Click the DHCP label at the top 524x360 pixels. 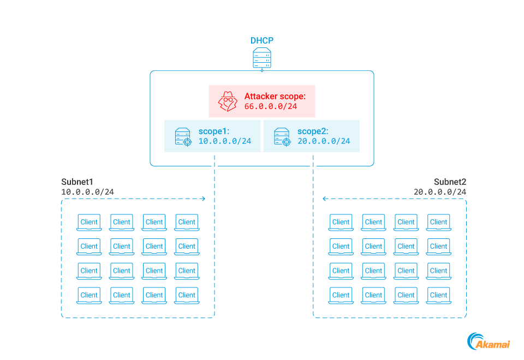coord(262,40)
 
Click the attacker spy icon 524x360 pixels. coord(228,101)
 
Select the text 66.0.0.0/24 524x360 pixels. coord(271,106)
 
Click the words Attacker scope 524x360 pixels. coord(275,96)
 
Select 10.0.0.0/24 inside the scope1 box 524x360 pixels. coord(224,141)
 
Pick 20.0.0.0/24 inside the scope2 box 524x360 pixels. coord(324,141)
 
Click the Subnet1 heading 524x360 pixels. coord(78,182)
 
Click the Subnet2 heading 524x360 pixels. coord(450,182)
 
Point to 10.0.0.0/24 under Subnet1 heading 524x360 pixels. coord(87,192)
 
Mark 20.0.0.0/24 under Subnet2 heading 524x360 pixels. coord(440,192)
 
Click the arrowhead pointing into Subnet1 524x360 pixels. coord(203,199)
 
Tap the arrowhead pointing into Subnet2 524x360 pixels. coord(325,199)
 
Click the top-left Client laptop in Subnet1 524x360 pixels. coord(89,222)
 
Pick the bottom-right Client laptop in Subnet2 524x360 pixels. coord(438,295)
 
